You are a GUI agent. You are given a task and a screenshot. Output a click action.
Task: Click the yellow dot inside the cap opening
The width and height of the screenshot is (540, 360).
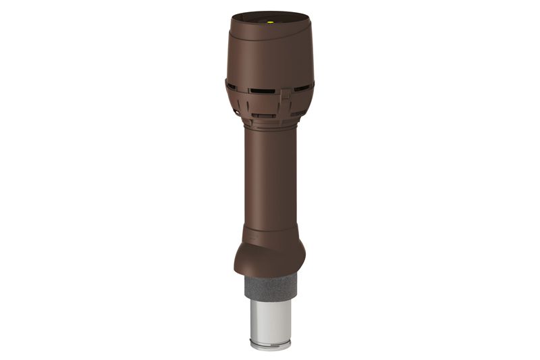(x=271, y=20)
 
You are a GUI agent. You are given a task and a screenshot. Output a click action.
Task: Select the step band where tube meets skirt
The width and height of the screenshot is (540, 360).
(x=269, y=236)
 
